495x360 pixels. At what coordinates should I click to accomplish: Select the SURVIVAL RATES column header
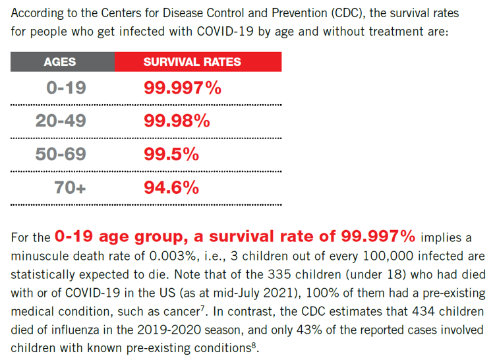192,62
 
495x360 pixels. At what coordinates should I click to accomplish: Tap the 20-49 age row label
61,121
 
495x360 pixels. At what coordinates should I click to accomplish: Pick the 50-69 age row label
61,155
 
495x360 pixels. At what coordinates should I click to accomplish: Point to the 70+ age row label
70,188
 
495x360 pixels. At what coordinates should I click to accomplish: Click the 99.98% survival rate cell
177,121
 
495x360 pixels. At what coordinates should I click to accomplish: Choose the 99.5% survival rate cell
171,155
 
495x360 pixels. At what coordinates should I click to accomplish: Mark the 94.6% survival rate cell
171,188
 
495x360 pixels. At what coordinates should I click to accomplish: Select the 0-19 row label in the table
66,88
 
